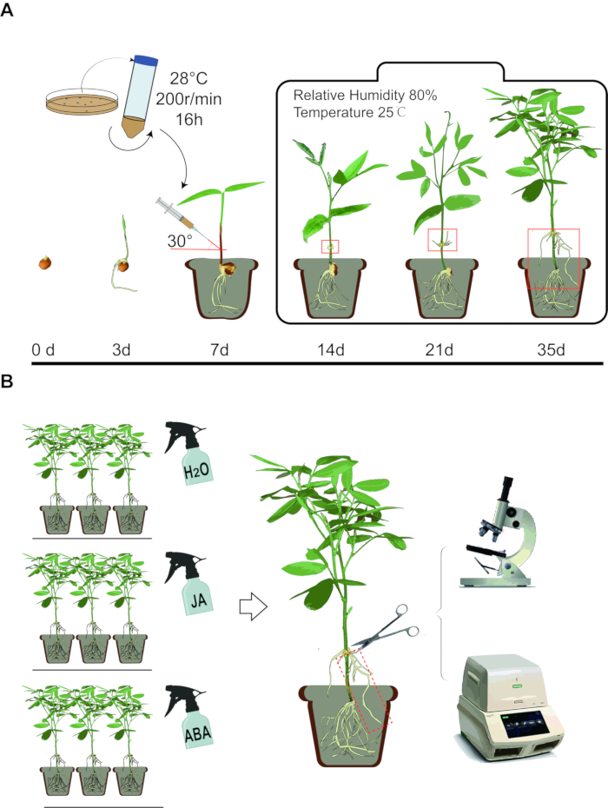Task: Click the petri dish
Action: [78, 106]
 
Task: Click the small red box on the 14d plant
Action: [330, 246]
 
